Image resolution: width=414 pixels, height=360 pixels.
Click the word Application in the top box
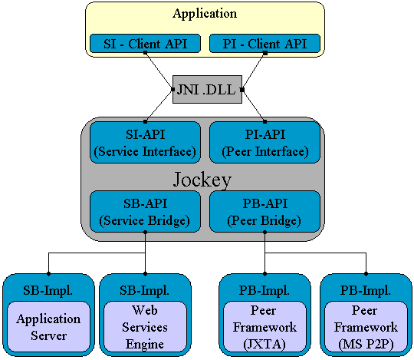pos(205,14)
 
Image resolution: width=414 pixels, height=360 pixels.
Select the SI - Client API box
pos(145,43)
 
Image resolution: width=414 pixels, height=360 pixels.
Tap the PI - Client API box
pos(264,43)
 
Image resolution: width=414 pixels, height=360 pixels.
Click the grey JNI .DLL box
pos(207,89)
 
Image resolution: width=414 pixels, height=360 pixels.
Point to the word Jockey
pos(202,180)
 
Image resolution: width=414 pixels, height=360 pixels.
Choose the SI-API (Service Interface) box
pos(145,143)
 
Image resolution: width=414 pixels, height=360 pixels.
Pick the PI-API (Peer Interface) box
pos(264,143)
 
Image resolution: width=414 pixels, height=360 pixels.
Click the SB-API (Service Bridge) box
pos(145,211)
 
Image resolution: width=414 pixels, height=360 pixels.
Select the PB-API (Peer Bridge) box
pos(264,211)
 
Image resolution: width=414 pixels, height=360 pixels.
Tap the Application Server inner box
pos(48,327)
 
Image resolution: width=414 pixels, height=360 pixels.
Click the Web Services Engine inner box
pos(145,327)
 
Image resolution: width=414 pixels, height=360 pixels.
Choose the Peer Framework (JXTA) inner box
pos(264,327)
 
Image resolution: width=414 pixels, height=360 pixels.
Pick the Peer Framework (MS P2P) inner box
pos(366,327)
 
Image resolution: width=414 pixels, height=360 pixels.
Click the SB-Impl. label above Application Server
pos(48,290)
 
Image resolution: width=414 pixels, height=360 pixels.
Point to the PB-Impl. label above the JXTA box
pos(264,290)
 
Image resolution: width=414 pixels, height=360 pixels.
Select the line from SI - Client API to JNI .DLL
pos(159,71)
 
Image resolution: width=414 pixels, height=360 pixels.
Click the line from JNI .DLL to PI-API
pos(254,106)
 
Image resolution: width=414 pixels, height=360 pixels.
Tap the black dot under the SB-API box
pos(145,233)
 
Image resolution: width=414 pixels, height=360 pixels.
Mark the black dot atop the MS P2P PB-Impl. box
pos(366,274)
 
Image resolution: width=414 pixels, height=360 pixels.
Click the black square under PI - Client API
pos(265,53)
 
